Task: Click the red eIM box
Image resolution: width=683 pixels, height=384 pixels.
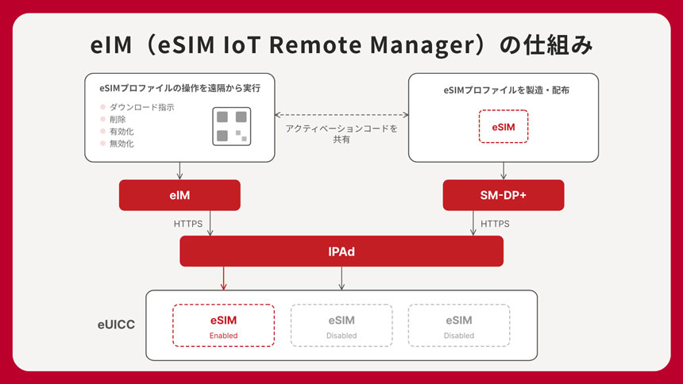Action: pos(179,195)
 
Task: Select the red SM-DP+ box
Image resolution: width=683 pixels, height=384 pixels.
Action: pos(503,195)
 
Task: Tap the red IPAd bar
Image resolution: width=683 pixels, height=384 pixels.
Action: pos(341,251)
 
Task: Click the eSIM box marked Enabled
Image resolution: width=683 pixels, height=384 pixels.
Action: pos(223,325)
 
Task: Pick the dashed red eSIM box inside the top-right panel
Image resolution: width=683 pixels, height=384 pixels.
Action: pos(504,127)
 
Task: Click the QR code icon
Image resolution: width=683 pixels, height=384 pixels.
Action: pos(232,126)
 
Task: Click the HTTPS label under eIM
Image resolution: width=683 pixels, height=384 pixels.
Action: pos(188,224)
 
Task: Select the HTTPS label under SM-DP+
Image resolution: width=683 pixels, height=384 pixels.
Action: pos(495,224)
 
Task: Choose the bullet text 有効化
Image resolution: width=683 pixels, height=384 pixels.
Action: pos(122,132)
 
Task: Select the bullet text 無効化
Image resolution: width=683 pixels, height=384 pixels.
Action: pos(122,144)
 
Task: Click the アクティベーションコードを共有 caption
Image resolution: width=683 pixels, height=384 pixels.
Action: pos(341,133)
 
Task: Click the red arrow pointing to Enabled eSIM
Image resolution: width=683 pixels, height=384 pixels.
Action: pos(224,278)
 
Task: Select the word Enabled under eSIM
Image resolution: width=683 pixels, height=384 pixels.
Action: pos(223,336)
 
